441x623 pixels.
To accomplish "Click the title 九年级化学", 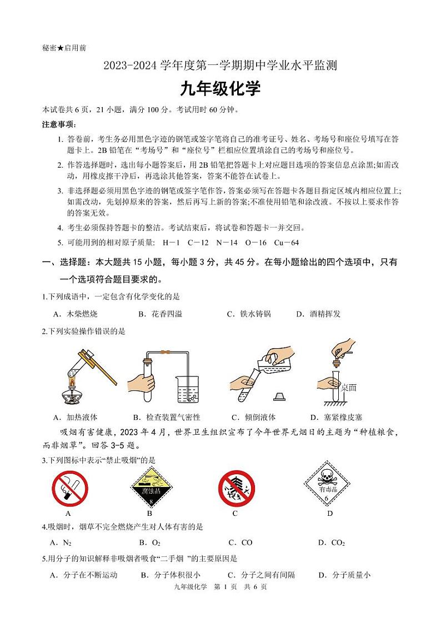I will coord(219,89).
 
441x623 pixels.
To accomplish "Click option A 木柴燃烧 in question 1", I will coord(76,314).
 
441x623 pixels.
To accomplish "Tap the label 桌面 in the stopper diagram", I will coord(349,387).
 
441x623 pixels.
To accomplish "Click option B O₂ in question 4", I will coord(150,542).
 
